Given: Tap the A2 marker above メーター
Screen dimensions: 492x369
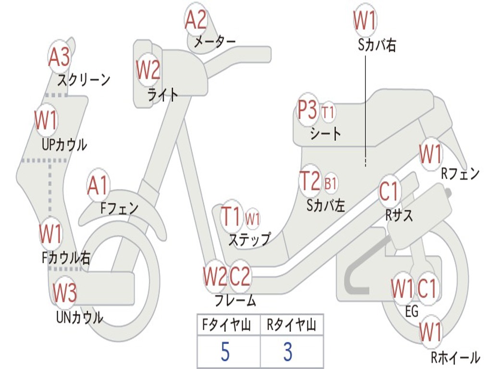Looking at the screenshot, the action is (196, 20).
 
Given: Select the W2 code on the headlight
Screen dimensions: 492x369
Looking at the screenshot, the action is (148, 71).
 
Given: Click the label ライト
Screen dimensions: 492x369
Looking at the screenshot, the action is (162, 95).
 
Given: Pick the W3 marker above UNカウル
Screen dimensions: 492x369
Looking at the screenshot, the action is (64, 293).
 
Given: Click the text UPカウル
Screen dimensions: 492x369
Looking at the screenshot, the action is (64, 144).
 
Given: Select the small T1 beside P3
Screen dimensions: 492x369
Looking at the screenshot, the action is (328, 113).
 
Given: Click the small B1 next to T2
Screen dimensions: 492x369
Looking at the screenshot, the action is (331, 184).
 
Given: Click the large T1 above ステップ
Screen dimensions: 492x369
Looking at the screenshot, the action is (232, 217).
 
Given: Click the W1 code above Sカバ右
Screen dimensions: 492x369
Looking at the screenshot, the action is (365, 21).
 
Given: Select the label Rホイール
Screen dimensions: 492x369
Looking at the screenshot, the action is (455, 357).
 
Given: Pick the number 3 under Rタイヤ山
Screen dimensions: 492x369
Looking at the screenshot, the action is (287, 352).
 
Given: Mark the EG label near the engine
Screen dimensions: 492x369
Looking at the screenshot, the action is (412, 312).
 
